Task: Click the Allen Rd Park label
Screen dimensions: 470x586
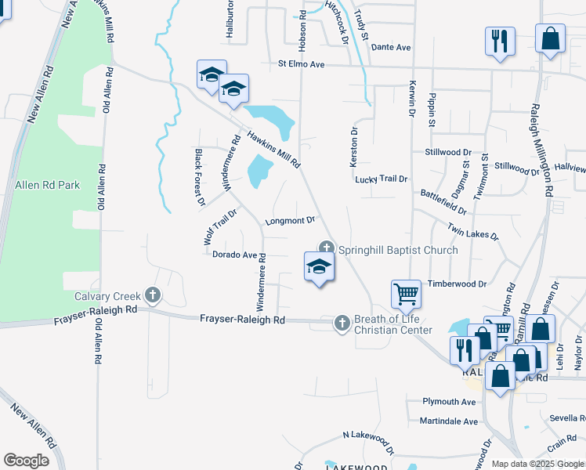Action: point(47,186)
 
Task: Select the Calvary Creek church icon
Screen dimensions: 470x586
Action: point(152,295)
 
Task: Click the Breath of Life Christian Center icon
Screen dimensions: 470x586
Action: point(342,322)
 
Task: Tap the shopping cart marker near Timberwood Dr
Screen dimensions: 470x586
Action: point(407,295)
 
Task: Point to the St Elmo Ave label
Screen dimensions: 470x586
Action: point(301,64)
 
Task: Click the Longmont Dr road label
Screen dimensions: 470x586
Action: point(290,221)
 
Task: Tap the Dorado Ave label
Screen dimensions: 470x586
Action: point(235,255)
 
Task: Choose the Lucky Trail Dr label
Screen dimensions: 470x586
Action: point(382,179)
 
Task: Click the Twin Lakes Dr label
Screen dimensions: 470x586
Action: point(473,230)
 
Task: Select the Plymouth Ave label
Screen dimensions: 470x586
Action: point(449,402)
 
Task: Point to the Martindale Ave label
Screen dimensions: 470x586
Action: point(448,421)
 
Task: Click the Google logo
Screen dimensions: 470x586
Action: point(26,461)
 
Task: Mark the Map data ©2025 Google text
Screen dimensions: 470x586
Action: point(537,464)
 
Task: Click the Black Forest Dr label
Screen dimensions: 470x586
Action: point(199,176)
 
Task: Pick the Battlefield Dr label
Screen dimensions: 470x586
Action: point(443,202)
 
